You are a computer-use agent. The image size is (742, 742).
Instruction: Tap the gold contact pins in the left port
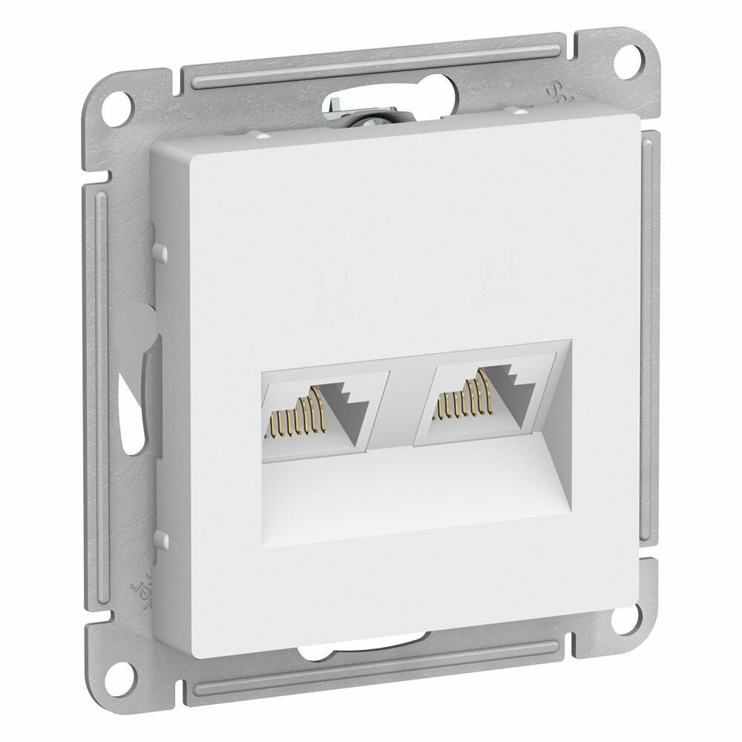tap(297, 418)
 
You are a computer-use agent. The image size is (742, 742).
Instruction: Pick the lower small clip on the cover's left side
tap(157, 539)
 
